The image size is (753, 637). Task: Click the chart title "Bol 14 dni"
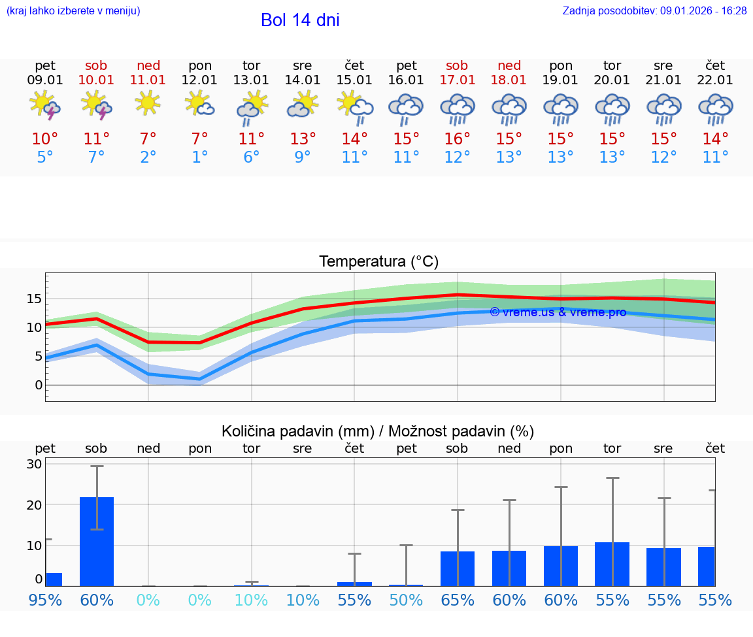coord(300,20)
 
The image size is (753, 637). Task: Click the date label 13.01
coord(251,80)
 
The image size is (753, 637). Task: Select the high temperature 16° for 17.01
coord(457,139)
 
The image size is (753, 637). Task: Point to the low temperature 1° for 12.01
coord(199,157)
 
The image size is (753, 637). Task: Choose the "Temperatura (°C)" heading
coord(378,262)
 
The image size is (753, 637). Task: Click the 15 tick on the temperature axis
coord(34,299)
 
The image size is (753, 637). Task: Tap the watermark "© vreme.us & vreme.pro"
coord(558,312)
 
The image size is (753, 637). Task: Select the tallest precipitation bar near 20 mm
coord(97,541)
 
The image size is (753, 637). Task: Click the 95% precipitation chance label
coord(45,600)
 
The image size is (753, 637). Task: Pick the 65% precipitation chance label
coord(457,600)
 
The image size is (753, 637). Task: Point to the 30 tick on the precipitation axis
coord(34,464)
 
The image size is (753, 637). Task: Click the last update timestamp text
coord(654,10)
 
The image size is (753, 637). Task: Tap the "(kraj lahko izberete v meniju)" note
coord(73,10)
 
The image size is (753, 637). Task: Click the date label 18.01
coord(509,80)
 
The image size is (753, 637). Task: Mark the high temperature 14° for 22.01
coord(715,139)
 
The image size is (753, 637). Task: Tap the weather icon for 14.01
coord(303,105)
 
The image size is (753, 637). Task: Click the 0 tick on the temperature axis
coord(38,385)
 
